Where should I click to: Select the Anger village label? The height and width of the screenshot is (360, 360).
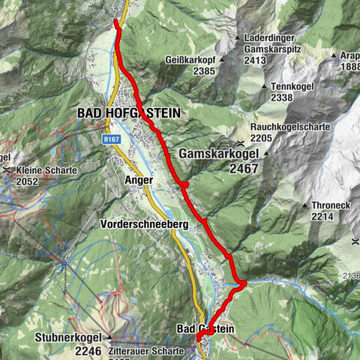point(140,181)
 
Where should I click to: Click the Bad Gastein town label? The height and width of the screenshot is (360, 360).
point(205,328)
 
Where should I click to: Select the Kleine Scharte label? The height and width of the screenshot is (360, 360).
point(46,170)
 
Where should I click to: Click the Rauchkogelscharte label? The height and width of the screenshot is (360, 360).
point(290,127)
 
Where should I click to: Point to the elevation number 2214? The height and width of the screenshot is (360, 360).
point(322,216)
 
